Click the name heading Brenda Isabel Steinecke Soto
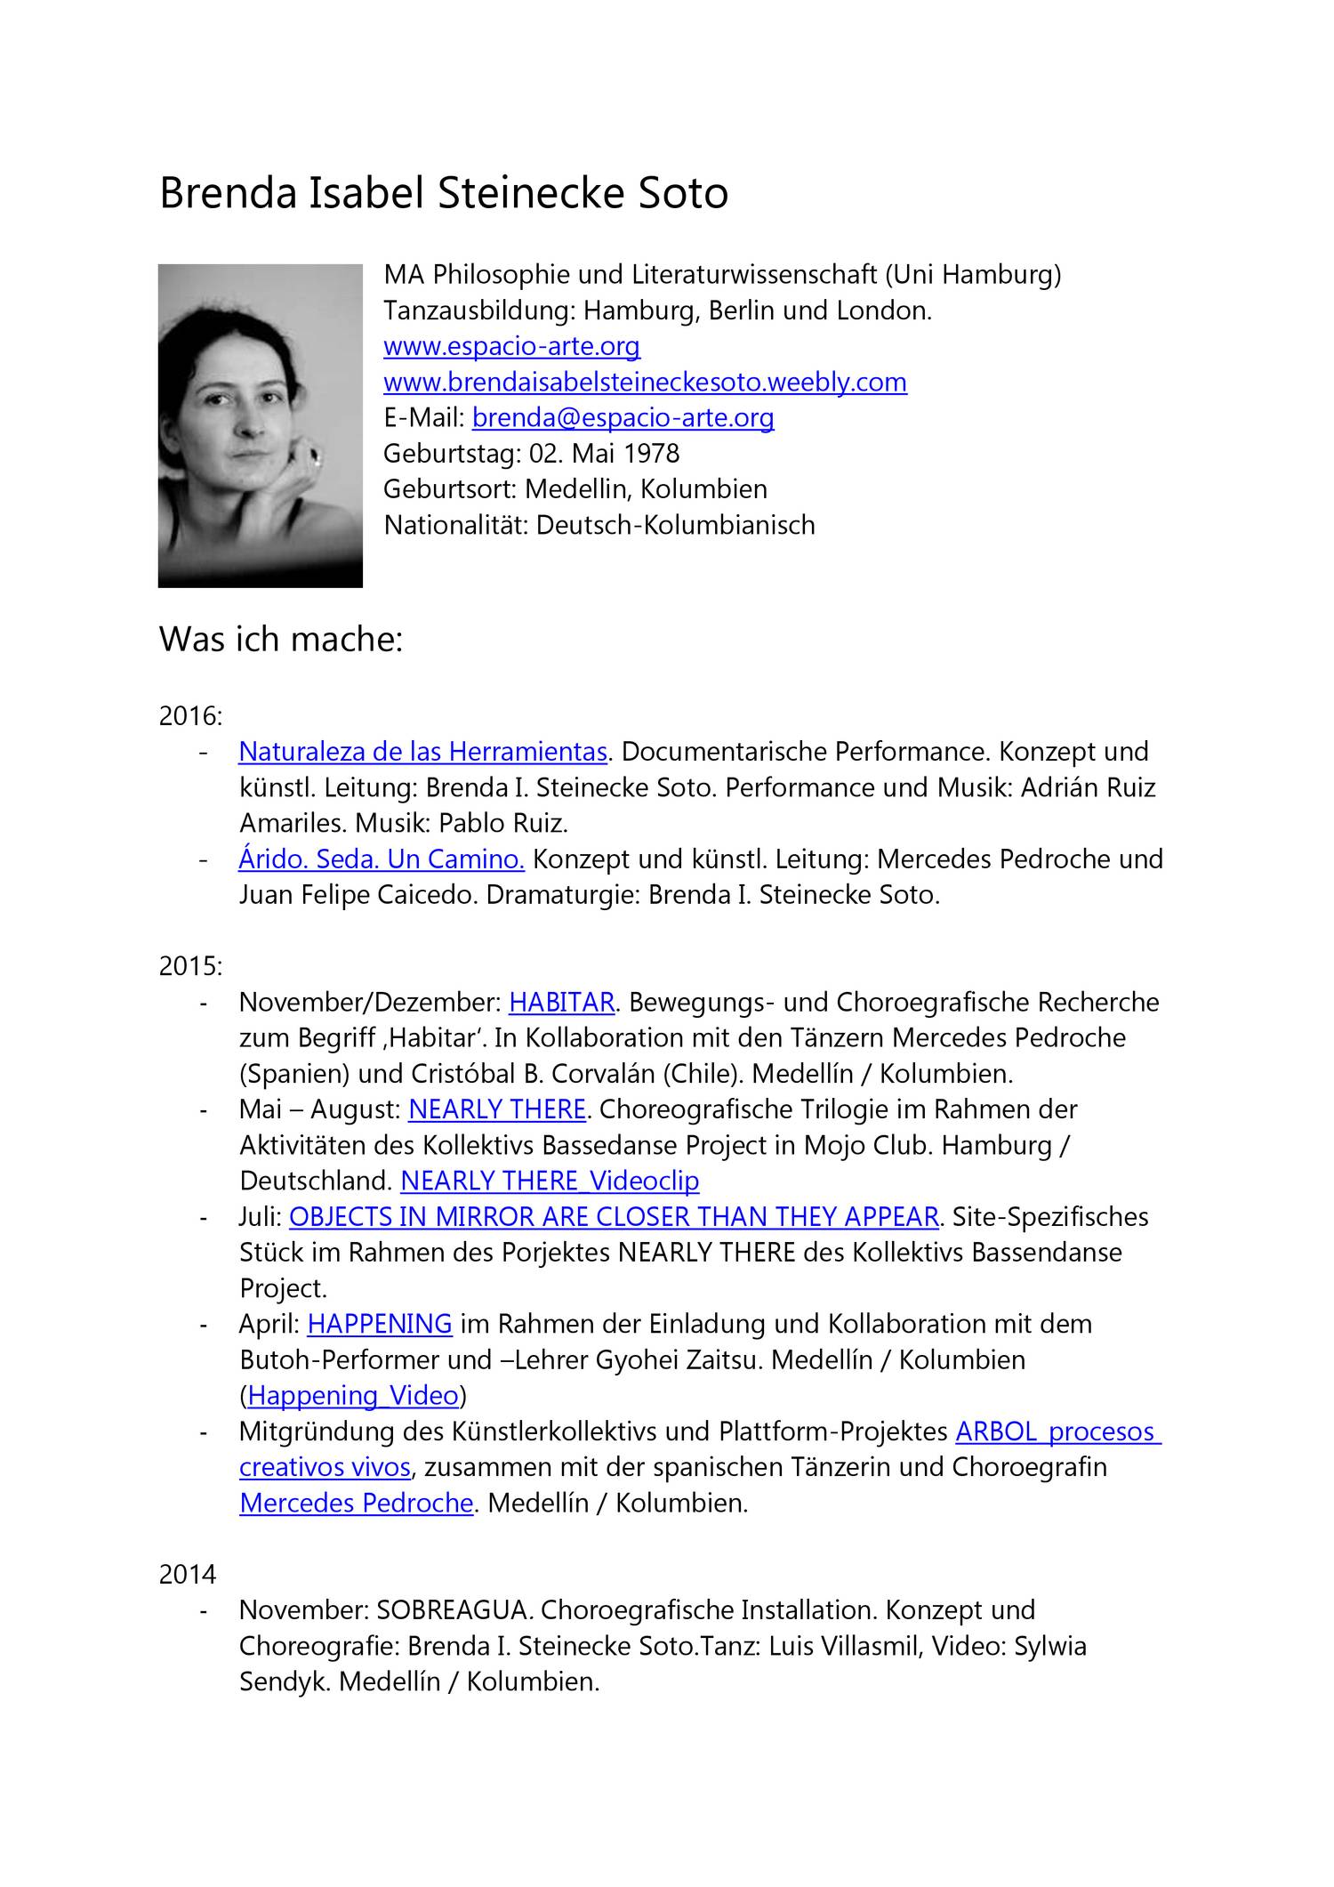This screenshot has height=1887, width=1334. pos(443,193)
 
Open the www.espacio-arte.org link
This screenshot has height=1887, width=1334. pos(511,346)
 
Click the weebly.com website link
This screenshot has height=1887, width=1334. pos(645,382)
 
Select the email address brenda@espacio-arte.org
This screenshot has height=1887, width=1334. pos(623,417)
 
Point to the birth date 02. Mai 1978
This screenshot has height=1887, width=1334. pos(604,453)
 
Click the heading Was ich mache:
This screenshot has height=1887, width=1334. pos(281,639)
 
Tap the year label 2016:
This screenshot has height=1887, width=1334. pos(190,715)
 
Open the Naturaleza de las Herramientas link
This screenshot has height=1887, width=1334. pos(422,752)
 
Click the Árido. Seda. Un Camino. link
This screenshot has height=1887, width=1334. pos(382,859)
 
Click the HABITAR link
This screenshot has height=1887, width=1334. pos(561,1002)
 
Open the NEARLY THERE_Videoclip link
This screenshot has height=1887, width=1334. pos(550,1181)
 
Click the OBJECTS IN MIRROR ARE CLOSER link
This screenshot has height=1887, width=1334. pos(614,1216)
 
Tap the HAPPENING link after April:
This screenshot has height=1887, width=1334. pos(380,1324)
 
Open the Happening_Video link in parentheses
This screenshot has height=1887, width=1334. pos(353,1395)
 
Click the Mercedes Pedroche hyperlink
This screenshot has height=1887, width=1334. pos(356,1503)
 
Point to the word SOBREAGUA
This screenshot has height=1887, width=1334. pos(454,1609)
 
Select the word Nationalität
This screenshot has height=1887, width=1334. pos(455,525)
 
